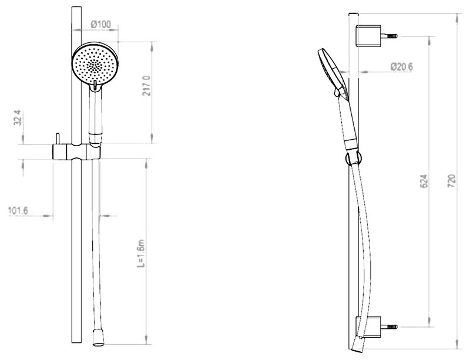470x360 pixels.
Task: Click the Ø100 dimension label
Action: point(101,24)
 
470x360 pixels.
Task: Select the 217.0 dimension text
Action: point(147,86)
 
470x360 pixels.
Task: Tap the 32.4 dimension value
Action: point(18,117)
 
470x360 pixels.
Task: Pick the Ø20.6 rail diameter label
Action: point(402,67)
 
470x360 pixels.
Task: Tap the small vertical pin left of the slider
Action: point(58,139)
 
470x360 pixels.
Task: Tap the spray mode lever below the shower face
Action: point(94,88)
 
